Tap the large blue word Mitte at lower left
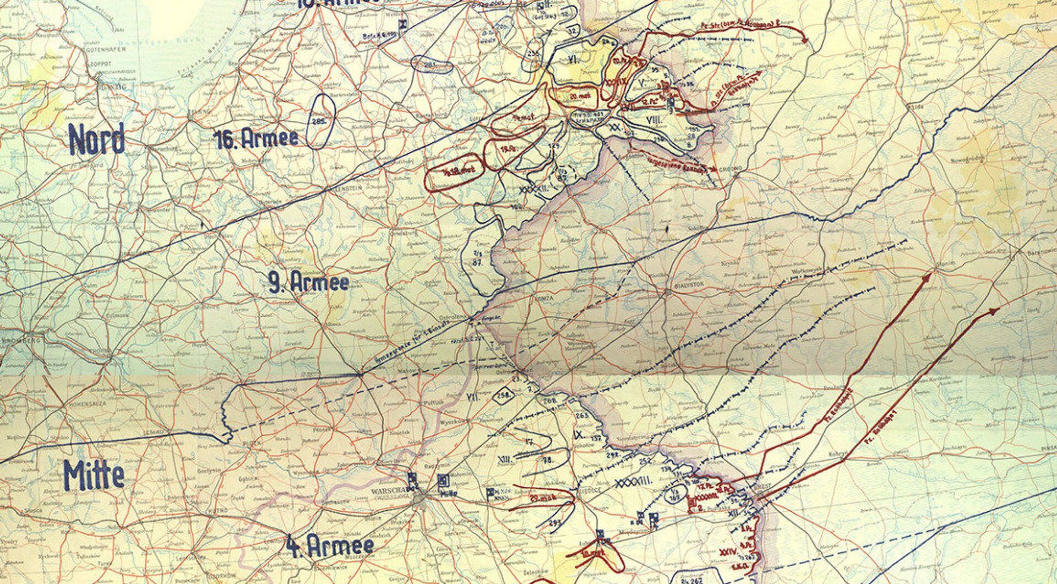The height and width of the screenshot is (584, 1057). pos(94,475)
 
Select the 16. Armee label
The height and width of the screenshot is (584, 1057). pos(256,138)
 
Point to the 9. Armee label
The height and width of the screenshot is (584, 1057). pos(309,282)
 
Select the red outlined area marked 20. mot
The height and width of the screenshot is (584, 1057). pos(573,96)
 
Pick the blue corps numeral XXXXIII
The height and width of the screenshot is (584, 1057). pos(633,482)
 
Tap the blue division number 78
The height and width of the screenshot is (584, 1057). pos(548,459)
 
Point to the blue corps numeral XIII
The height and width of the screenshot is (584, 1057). pos(503,459)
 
